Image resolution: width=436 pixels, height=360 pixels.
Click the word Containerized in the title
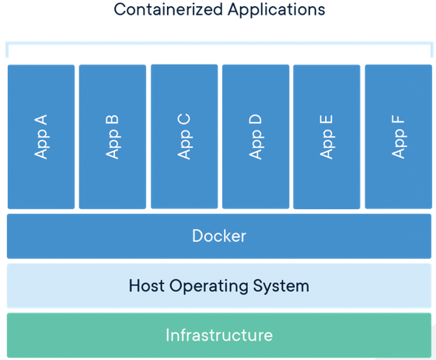[168, 9]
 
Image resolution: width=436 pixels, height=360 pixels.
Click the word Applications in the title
[277, 10]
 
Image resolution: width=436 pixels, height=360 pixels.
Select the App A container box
[41, 137]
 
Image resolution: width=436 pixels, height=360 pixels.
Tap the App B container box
[113, 137]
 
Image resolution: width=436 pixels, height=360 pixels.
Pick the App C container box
[184, 136]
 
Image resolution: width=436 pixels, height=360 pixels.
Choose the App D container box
[256, 137]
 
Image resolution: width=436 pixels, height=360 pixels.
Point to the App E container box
[326, 137]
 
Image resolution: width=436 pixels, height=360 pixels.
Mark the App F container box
[399, 137]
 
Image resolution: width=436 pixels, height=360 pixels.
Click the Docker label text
[219, 236]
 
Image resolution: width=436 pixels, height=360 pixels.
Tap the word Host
[147, 285]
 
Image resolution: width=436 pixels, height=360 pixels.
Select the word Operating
[209, 286]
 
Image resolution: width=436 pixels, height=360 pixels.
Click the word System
[281, 286]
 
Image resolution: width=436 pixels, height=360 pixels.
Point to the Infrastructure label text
[219, 335]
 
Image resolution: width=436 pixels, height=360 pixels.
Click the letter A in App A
[40, 120]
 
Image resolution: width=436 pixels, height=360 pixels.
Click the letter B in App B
[112, 120]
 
